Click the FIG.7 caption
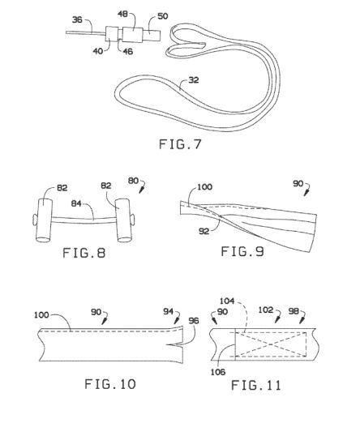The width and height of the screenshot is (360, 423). click(x=180, y=144)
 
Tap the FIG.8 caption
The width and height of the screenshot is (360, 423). click(x=84, y=253)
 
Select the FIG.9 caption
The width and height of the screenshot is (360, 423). click(x=242, y=251)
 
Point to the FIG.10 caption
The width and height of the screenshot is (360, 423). click(x=110, y=384)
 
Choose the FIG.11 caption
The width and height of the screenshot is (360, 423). click(x=256, y=385)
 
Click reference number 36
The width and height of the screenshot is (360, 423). click(x=77, y=19)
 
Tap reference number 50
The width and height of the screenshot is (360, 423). click(x=163, y=16)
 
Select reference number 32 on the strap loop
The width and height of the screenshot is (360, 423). click(x=194, y=80)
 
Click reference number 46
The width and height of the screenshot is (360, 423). click(x=128, y=51)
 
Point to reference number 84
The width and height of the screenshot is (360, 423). click(x=76, y=203)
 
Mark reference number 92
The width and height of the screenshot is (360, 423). click(x=204, y=231)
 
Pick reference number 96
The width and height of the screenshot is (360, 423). click(x=194, y=321)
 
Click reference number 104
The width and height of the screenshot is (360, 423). click(x=227, y=301)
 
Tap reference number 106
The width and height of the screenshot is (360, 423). click(x=218, y=372)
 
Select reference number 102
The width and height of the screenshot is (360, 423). click(x=266, y=310)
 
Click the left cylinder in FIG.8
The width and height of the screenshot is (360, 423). click(x=43, y=220)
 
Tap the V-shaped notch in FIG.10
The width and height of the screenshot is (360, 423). click(x=175, y=345)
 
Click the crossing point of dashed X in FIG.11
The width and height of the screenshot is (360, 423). click(x=271, y=344)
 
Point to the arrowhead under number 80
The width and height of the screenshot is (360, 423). click(x=141, y=190)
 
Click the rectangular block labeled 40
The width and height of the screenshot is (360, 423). click(x=112, y=33)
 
